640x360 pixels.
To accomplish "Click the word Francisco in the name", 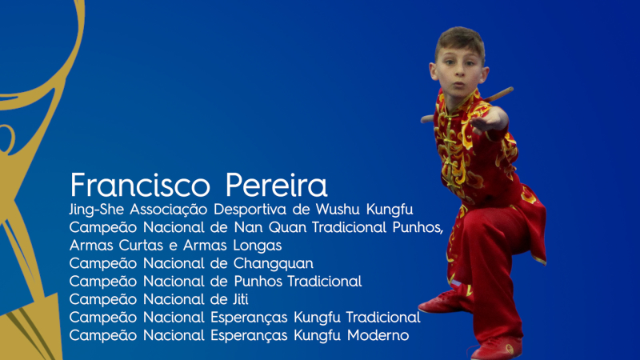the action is pos(140,185).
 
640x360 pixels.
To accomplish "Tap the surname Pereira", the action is pos(276,185).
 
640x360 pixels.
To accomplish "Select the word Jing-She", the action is pos(96,210).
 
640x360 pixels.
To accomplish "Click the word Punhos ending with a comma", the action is pos(418,227).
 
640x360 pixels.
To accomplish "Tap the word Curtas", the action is pos(143,246).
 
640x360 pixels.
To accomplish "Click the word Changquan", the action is pos(273,264).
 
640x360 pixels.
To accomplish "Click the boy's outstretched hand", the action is pos(489,118).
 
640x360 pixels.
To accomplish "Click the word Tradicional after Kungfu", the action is pos(383,317).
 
